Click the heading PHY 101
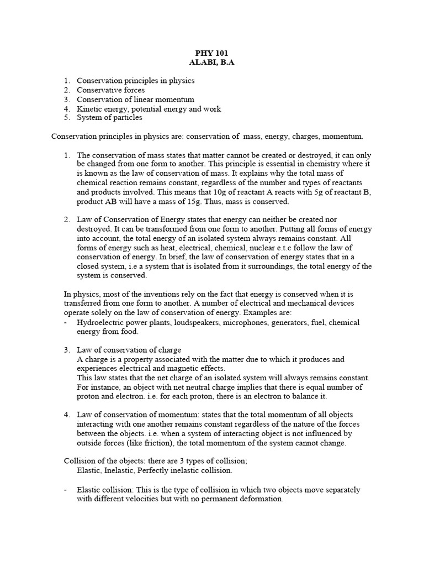[x=212, y=54]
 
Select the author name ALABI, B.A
[x=212, y=62]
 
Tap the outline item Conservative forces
[x=110, y=90]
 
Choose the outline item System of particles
[x=109, y=117]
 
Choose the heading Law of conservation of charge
[x=129, y=350]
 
